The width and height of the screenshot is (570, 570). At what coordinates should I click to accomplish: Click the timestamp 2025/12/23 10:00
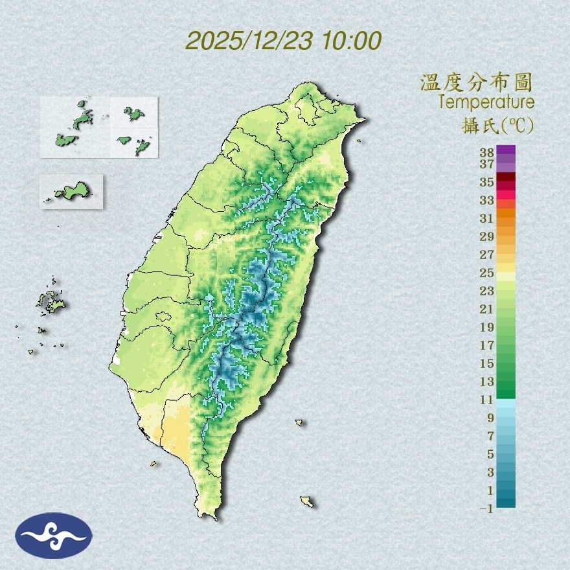[x=283, y=41]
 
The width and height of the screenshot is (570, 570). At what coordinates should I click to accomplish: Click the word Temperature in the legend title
[x=486, y=102]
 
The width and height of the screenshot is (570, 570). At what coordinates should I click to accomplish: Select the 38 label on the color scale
[x=487, y=153]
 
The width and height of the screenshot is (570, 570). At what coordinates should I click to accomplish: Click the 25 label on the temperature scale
[x=487, y=272]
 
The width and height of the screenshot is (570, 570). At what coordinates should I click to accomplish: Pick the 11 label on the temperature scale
[x=487, y=400]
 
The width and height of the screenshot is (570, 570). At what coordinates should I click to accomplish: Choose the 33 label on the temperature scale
[x=487, y=200]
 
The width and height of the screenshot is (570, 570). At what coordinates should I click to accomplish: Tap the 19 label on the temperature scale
[x=487, y=327]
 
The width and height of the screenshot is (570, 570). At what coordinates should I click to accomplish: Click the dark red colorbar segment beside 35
[x=506, y=177]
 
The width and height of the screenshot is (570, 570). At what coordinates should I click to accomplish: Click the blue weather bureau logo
[x=54, y=535]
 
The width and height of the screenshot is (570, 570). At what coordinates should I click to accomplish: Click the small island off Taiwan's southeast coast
[x=299, y=423]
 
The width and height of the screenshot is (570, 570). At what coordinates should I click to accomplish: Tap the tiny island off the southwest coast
[x=154, y=464]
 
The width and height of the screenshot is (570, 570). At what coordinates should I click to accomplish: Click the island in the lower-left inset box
[x=71, y=191]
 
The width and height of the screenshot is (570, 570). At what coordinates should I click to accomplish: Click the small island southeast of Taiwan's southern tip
[x=307, y=501]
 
